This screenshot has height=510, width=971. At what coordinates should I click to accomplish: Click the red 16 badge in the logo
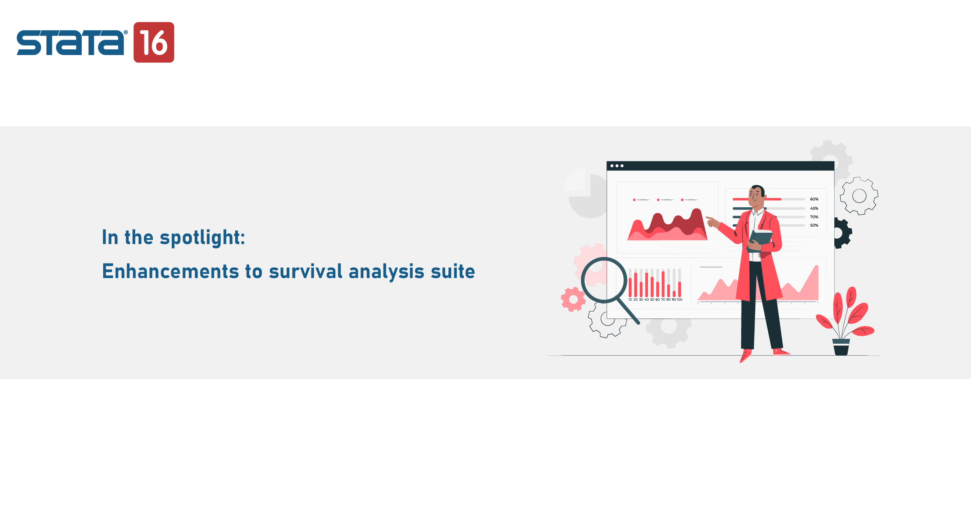(x=154, y=42)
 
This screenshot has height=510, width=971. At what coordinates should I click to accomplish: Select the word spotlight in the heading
(x=202, y=238)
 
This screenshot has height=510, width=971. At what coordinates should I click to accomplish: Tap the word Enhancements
(x=170, y=271)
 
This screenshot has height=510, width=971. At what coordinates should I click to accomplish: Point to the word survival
(x=305, y=271)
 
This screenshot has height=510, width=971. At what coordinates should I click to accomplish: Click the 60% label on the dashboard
(x=814, y=199)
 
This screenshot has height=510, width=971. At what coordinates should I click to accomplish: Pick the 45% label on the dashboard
(x=814, y=208)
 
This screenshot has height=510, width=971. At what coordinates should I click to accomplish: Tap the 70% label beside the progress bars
(x=814, y=217)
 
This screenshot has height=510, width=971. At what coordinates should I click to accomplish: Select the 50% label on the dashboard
(x=814, y=225)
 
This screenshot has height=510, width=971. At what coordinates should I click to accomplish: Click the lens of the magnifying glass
(x=604, y=280)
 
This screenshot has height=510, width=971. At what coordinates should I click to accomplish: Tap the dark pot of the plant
(x=841, y=347)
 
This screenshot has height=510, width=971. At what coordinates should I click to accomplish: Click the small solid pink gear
(x=573, y=300)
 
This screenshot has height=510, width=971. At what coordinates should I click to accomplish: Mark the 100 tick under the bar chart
(x=679, y=300)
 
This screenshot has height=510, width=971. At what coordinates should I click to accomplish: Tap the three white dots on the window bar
(x=617, y=166)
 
